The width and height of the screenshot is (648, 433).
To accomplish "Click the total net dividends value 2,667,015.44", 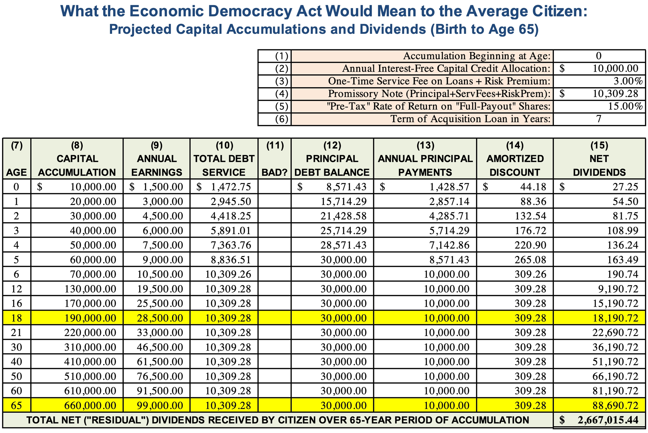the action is click(608, 420).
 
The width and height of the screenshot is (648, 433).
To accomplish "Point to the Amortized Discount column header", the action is click(515, 159).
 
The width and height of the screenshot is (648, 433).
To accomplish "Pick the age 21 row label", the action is click(16, 333).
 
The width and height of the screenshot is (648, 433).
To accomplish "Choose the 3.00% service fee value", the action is click(628, 81).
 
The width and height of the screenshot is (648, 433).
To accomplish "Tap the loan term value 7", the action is click(599, 119).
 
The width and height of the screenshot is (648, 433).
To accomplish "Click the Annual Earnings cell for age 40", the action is click(160, 362).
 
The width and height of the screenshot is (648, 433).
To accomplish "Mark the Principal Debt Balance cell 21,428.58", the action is click(343, 216).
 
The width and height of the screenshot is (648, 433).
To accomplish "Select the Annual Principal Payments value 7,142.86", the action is click(447, 245).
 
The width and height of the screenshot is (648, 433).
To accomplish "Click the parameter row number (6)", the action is click(282, 119).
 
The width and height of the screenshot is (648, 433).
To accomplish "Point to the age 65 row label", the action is click(16, 405).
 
